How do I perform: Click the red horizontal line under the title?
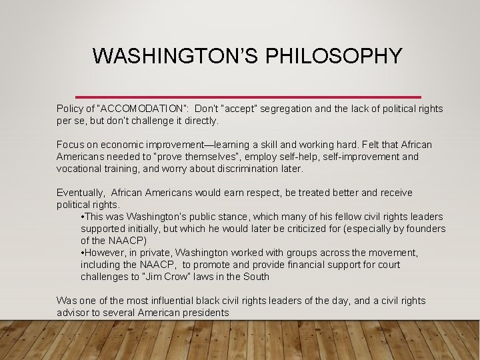pos(248,97)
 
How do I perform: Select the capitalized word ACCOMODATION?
pos(141,109)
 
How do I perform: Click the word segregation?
pos(290,109)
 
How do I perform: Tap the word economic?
pos(123,145)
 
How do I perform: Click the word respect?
pos(246,193)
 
